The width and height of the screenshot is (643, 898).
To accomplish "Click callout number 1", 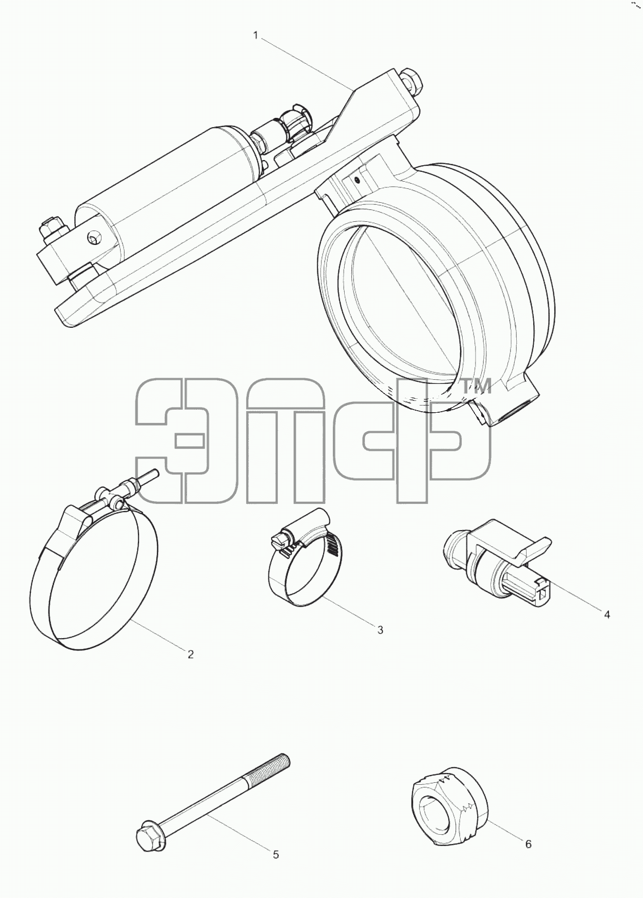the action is (x=255, y=36).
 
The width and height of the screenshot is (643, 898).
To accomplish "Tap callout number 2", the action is (x=191, y=654).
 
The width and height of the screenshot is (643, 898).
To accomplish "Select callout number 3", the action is (x=380, y=630).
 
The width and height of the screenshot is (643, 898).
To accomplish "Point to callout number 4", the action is (x=607, y=614).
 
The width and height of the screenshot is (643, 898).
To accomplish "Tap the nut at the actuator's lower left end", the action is (x=53, y=232).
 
